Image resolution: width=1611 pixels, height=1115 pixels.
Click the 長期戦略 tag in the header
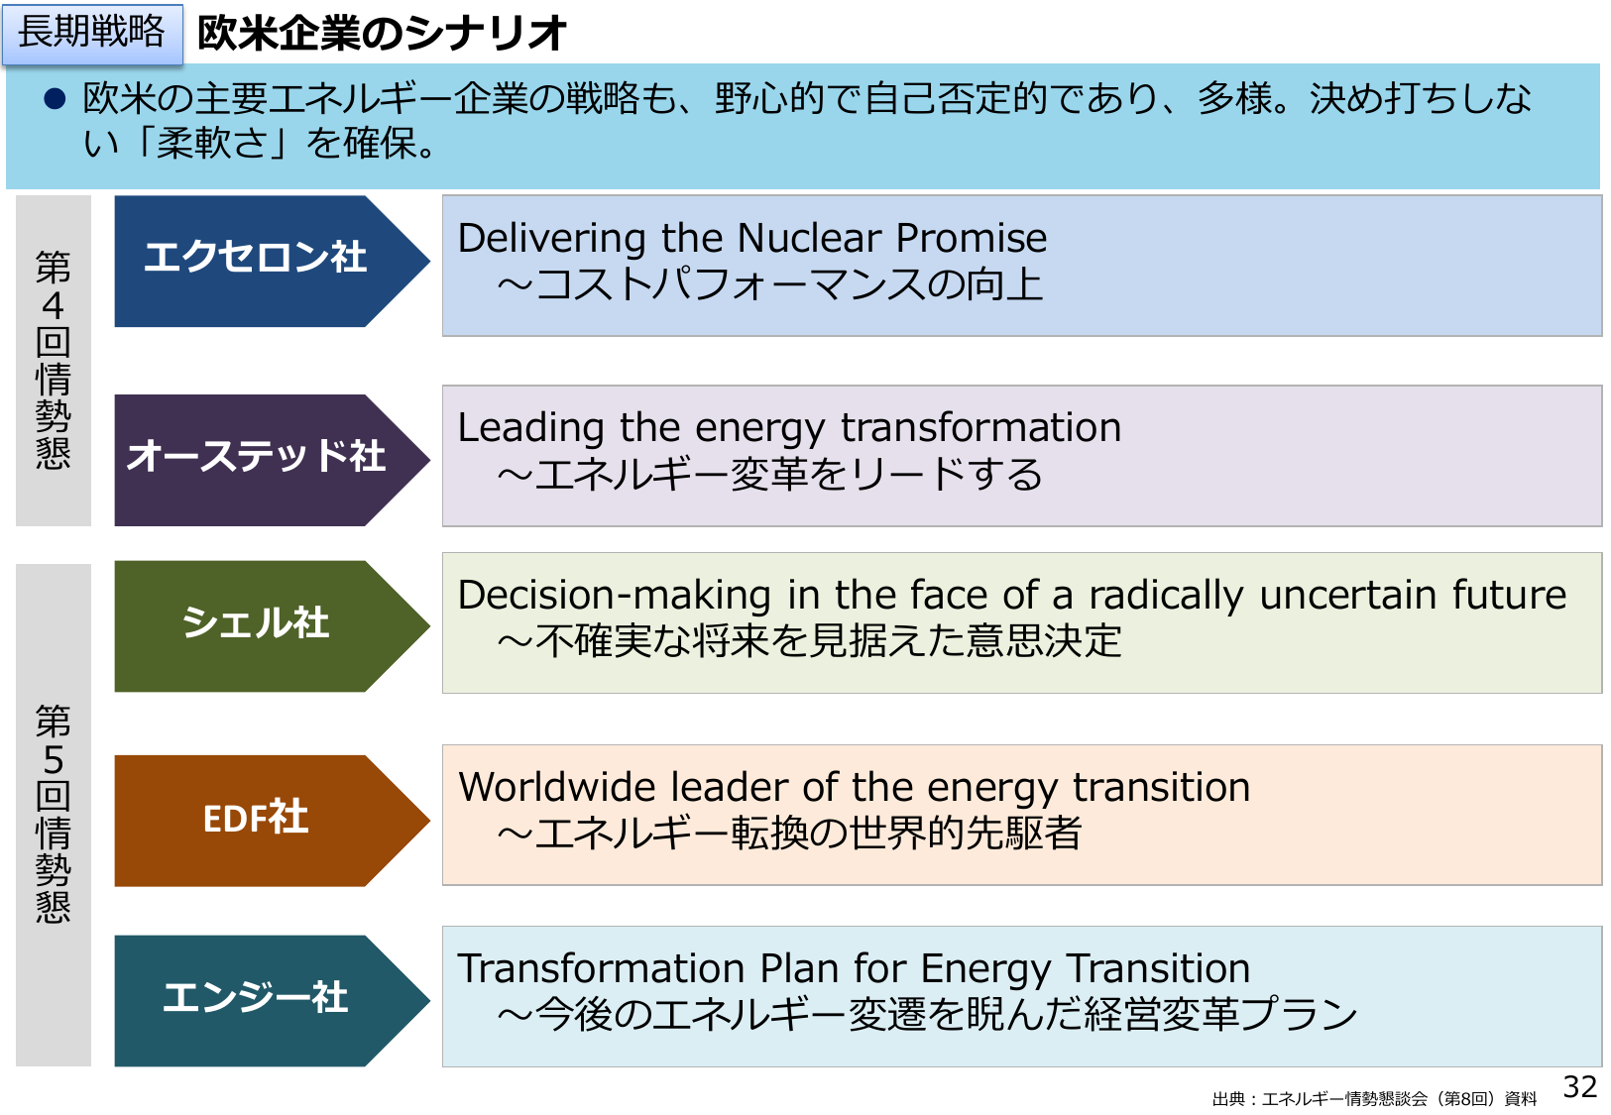[92, 34]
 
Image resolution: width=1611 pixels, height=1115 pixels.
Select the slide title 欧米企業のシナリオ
[382, 33]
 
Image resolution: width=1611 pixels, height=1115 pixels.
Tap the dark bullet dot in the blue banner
[55, 98]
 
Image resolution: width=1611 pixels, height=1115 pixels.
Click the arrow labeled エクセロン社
[272, 261]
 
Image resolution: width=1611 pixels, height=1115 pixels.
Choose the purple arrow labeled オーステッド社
[272, 460]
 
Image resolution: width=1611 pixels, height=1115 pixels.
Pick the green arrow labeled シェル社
[272, 626]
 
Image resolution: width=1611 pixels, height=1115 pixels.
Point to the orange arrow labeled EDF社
[272, 821]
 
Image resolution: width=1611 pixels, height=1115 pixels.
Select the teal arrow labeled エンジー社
[272, 1001]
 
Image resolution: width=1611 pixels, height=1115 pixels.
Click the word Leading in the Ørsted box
[530, 430]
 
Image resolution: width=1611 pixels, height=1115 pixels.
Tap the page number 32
[1580, 1087]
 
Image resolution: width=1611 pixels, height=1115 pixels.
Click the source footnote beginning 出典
[1374, 1098]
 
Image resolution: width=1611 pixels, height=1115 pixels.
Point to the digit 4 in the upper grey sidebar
[54, 306]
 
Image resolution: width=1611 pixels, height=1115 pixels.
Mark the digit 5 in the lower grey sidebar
[54, 760]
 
